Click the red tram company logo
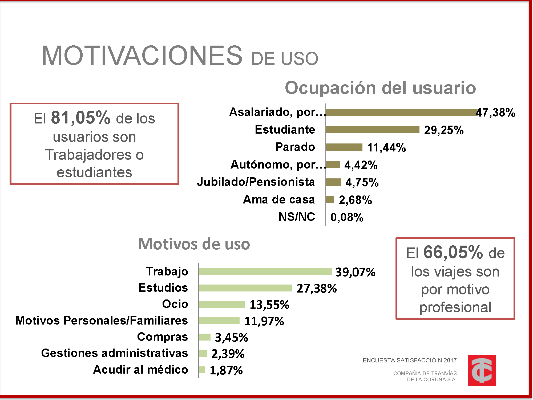[x=481, y=370]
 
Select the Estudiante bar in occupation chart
[x=372, y=130]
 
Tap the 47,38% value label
[x=496, y=113]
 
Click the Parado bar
[x=344, y=147]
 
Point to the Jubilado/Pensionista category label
[x=256, y=182]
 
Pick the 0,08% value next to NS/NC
[x=347, y=217]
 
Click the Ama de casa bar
[x=330, y=199]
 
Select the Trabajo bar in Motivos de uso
[x=265, y=272]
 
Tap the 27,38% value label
[x=317, y=289]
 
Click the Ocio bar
[x=221, y=304]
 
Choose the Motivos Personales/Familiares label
[x=102, y=321]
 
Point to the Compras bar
[x=204, y=337]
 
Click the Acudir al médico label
[x=140, y=370]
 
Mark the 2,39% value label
[x=228, y=354]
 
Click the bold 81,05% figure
[x=80, y=118]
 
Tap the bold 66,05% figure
[x=453, y=252]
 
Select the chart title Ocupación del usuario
[x=380, y=88]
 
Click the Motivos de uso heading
[x=194, y=244]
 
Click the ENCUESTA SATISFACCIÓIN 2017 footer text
[x=410, y=361]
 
